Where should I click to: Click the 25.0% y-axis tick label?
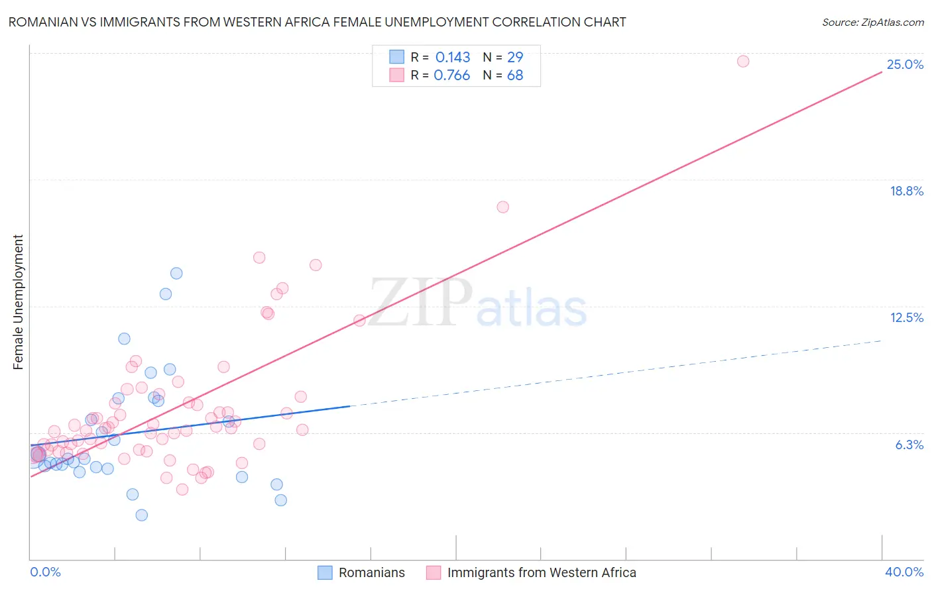click(905, 64)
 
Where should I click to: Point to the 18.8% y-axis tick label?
click(906, 191)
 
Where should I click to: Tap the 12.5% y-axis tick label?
click(906, 317)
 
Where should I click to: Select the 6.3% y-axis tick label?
click(909, 445)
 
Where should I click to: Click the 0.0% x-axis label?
click(45, 572)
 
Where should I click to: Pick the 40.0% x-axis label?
click(903, 572)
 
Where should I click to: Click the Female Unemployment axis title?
click(18, 302)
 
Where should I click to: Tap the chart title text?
click(317, 22)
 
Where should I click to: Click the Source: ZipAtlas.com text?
click(872, 22)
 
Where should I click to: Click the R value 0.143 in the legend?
click(452, 58)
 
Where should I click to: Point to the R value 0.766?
click(451, 76)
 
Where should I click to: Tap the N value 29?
click(515, 58)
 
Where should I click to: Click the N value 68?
click(515, 76)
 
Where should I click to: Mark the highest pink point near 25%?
click(743, 61)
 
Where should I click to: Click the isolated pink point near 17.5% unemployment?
click(502, 207)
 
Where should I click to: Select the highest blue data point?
click(176, 273)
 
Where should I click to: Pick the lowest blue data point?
click(141, 515)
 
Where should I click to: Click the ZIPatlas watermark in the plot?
click(477, 303)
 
